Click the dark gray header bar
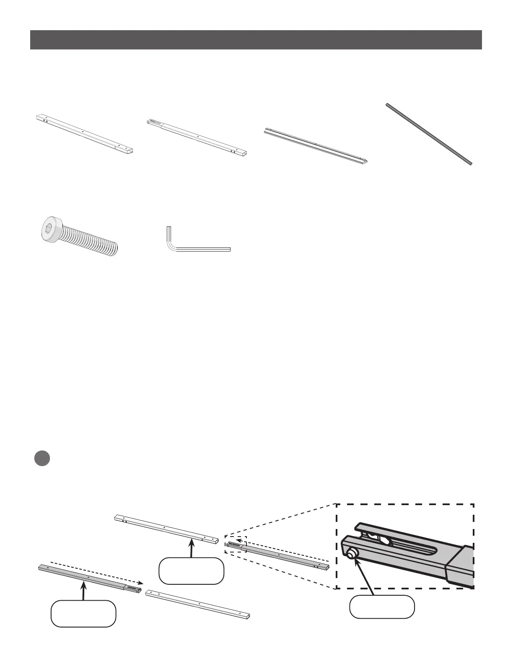coord(256,40)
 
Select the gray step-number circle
coord(42,458)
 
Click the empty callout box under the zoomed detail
coord(382,606)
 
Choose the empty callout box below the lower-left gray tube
coord(83,613)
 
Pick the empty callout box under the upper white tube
coord(191,571)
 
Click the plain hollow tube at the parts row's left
coord(86,133)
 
